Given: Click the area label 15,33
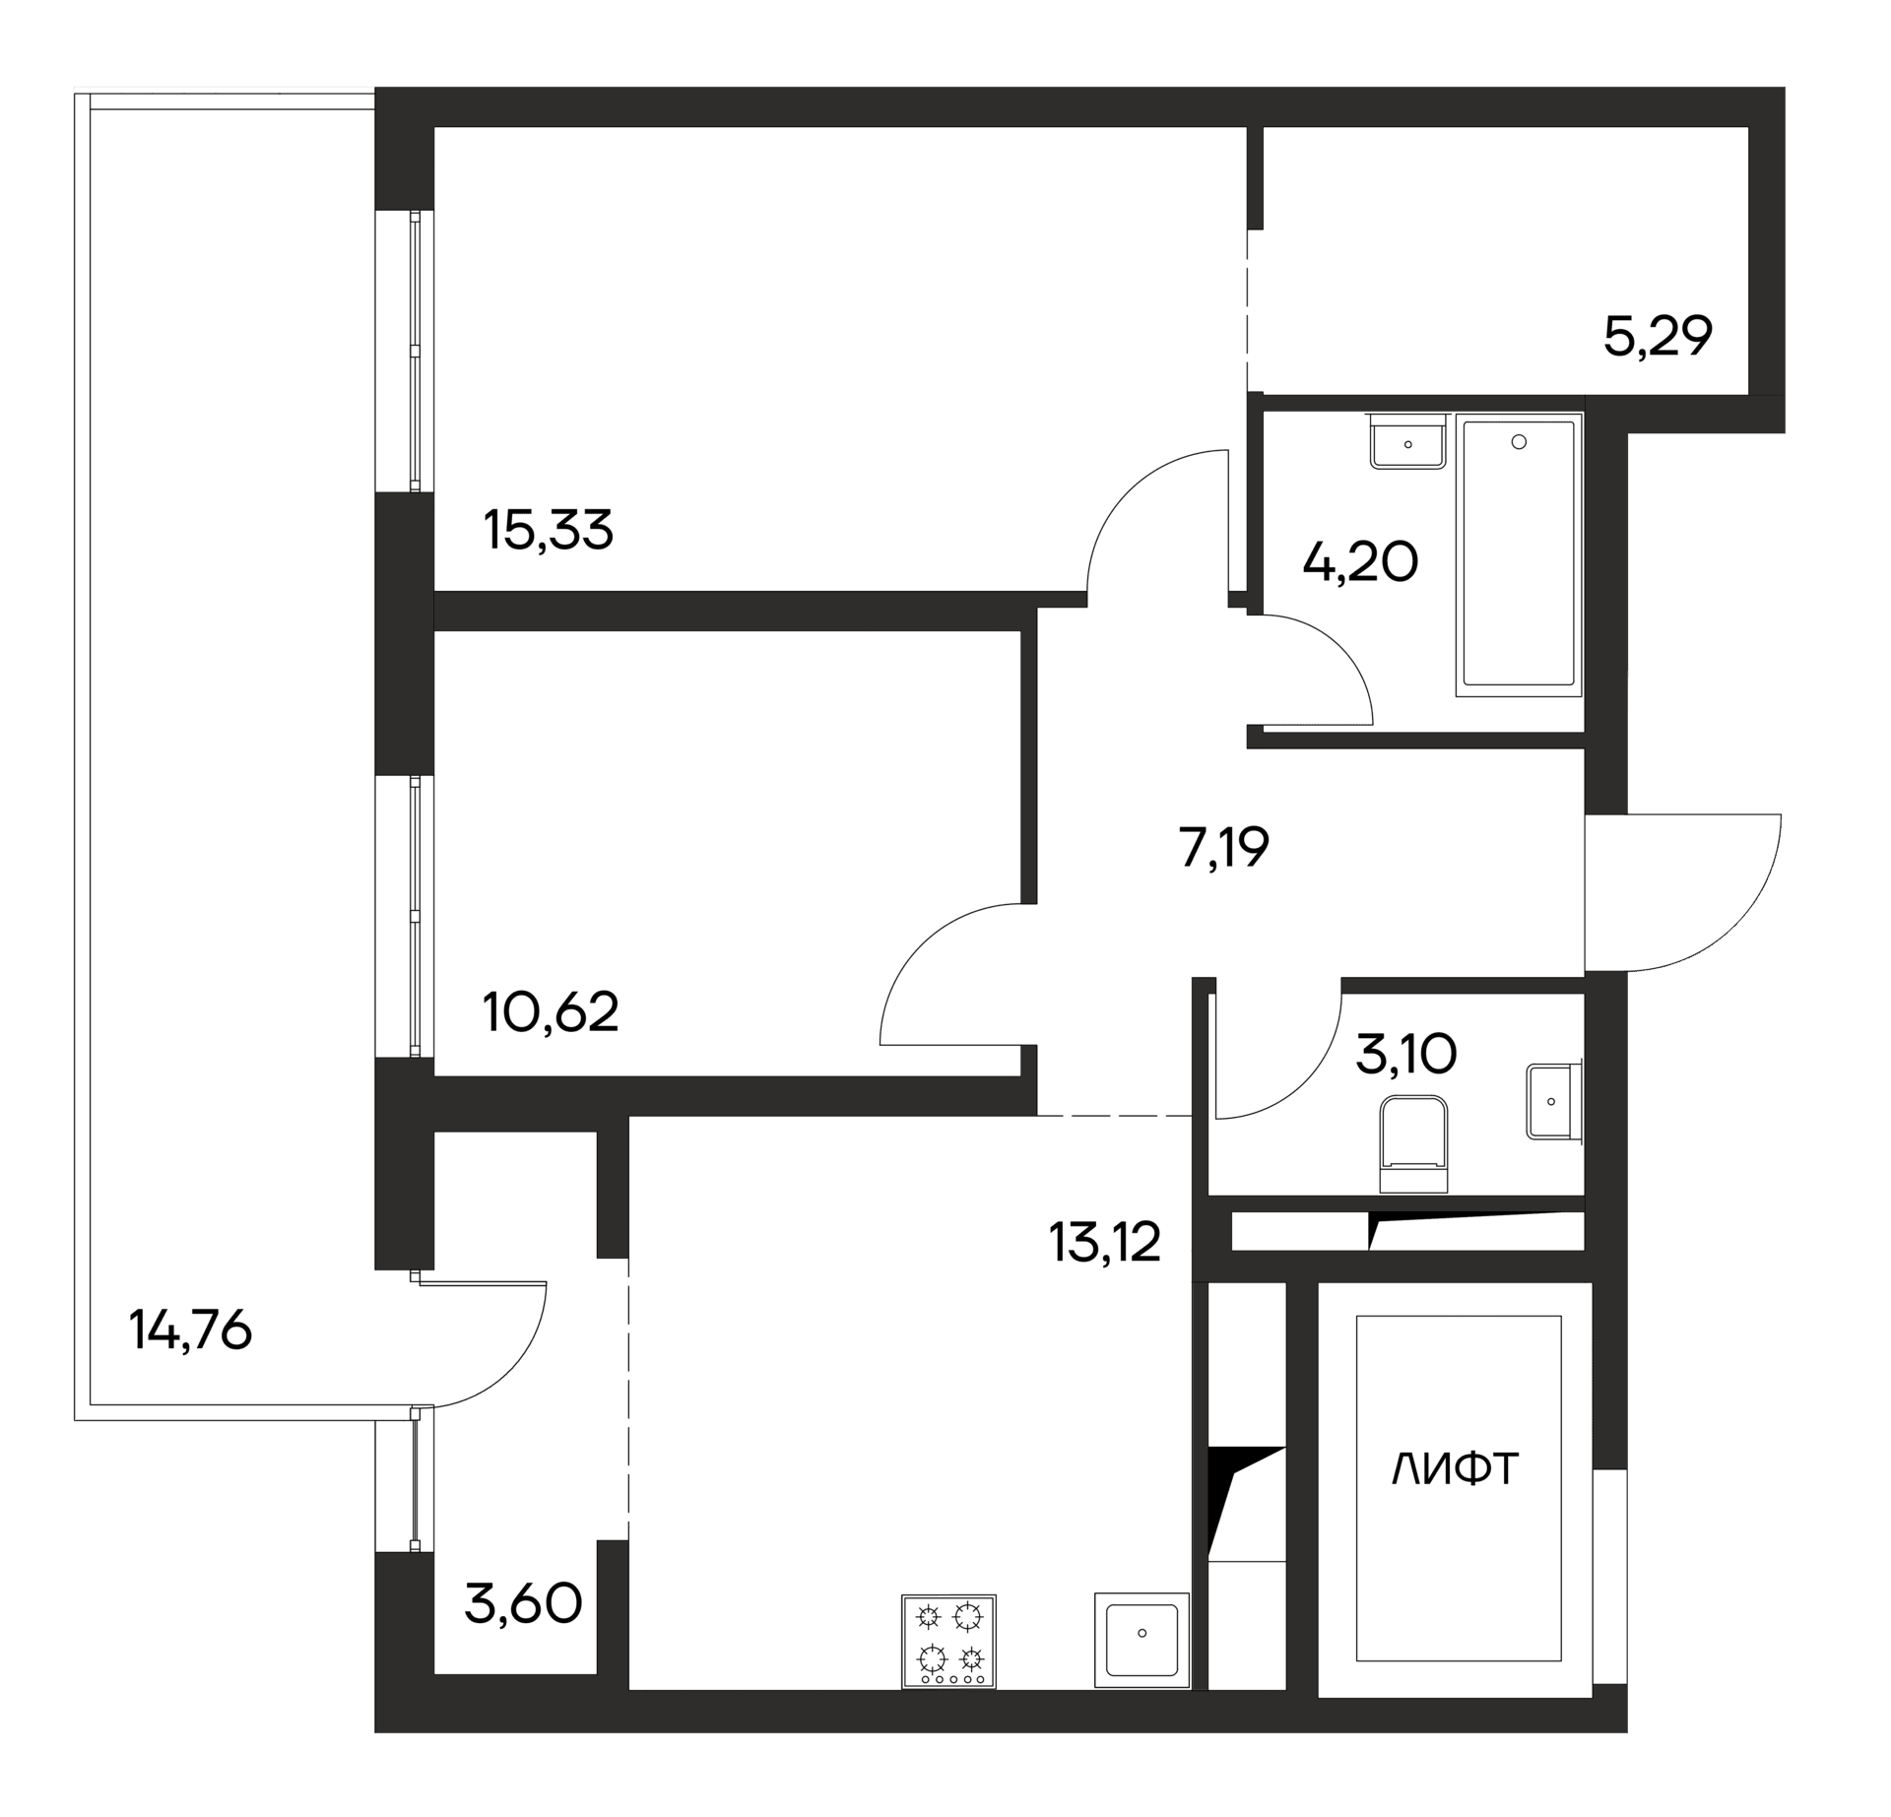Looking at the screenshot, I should (549, 530).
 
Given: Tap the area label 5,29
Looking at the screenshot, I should (1658, 337).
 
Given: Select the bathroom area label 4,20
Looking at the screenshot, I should (1359, 562).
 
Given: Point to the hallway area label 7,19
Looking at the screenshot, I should (1223, 847).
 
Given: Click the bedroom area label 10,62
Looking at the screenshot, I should (551, 1011).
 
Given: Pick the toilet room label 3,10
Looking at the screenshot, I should (1405, 1056).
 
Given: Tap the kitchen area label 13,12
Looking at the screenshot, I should (1104, 1242).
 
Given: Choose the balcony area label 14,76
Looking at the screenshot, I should (190, 1331).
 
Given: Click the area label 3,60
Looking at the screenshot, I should (523, 1604).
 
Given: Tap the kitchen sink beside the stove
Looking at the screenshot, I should (1141, 1640).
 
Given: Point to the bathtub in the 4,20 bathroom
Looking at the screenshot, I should (1518, 552).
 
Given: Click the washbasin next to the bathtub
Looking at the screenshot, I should (1407, 441).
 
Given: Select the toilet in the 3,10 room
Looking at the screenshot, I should (1413, 1145).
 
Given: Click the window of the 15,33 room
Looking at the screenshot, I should (421, 351).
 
